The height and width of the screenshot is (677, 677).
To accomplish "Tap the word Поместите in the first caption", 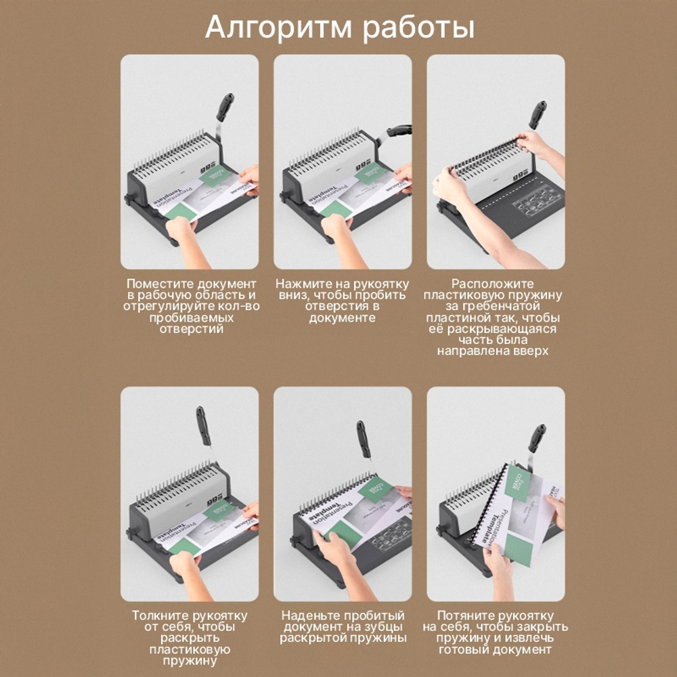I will click(157, 284).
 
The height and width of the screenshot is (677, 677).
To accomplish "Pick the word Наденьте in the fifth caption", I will click(310, 616).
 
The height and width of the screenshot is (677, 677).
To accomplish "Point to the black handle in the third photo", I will click(538, 114).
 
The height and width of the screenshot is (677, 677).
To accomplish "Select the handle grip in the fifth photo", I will click(363, 438).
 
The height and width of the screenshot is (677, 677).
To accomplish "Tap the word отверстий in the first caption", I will click(190, 328).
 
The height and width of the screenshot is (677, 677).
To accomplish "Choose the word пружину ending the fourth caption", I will click(190, 660).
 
